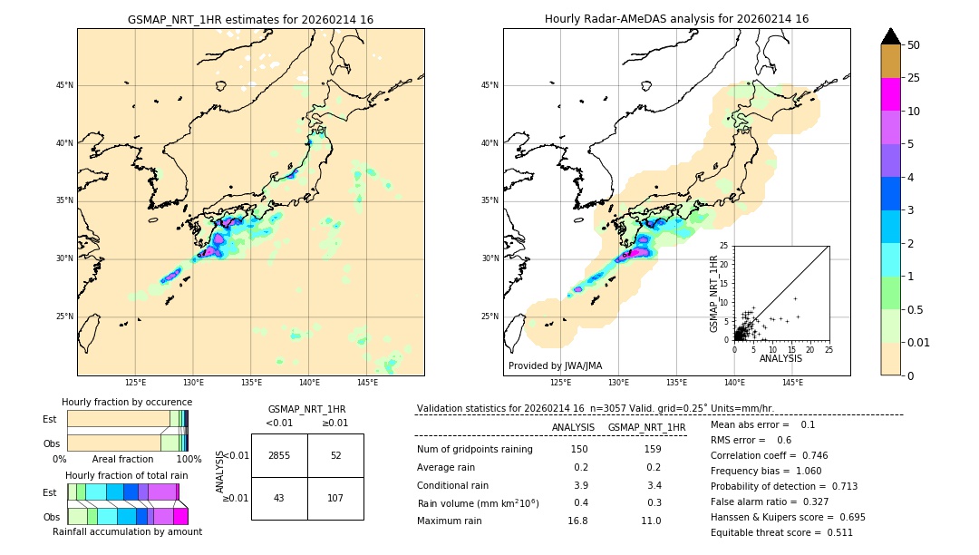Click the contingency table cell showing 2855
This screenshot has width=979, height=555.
coord(279,455)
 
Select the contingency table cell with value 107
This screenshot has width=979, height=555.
coord(335,498)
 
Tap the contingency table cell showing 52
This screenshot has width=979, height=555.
coord(335,455)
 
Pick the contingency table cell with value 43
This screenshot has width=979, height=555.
coord(279,498)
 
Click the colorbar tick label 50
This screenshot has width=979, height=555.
coord(914,45)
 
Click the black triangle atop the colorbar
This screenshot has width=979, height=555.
coord(890,36)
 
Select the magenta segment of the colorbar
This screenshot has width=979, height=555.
coord(890,94)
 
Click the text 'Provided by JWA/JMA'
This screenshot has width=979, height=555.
coord(555,366)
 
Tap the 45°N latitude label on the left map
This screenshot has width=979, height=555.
coord(64,85)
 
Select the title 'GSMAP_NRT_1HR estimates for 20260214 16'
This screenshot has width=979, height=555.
coord(250,19)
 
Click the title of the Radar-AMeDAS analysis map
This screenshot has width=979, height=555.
coord(676,19)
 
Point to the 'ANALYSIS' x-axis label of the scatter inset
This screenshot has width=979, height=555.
coord(780,359)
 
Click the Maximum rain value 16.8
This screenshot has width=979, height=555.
coord(577,521)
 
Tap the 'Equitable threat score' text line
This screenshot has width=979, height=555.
coord(781,532)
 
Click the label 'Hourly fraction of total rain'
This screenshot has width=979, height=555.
coord(126,476)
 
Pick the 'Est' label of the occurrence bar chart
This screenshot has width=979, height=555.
coord(50,419)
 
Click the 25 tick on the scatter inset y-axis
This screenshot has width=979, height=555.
coord(724,246)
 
